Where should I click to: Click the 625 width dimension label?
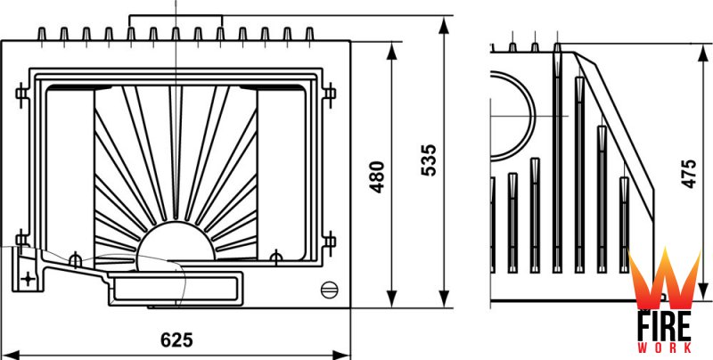pos(177,340)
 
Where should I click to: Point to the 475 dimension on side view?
pos(688,174)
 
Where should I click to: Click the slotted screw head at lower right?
pos(329,288)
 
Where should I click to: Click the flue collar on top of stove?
pos(176,23)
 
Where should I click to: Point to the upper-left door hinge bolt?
pos(21,92)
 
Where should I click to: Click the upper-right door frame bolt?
pos(329,92)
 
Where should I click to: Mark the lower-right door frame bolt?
pos(329,239)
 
